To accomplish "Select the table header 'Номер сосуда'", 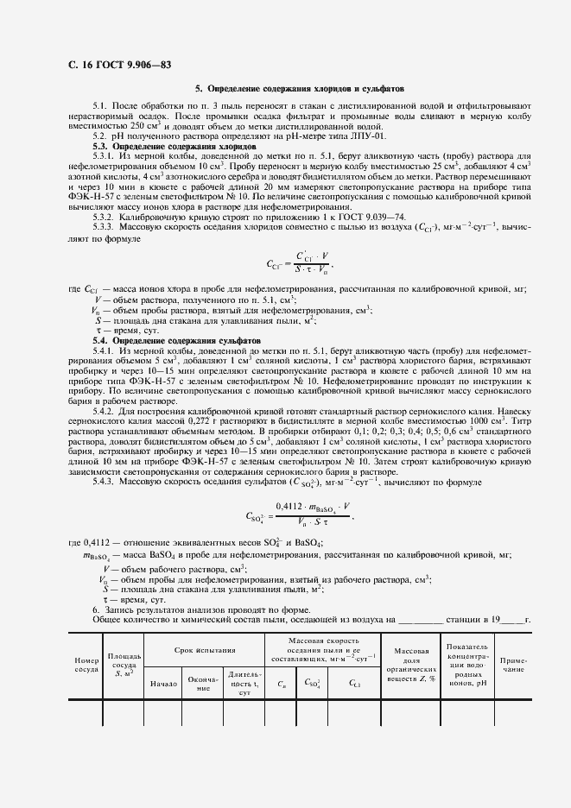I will (86, 664).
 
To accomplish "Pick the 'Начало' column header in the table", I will (162, 684).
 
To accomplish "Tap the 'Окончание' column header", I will (201, 684).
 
